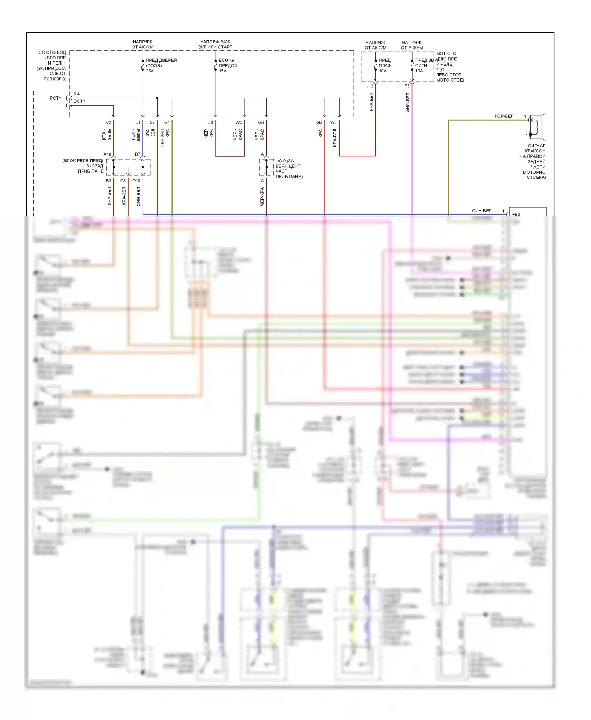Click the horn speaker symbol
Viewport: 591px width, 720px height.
[x=537, y=127]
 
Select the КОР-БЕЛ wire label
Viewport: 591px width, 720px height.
[x=504, y=116]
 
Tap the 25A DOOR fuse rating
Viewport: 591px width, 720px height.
[x=150, y=71]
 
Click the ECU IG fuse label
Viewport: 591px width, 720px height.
[x=226, y=60]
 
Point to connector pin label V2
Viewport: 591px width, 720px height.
[x=108, y=122]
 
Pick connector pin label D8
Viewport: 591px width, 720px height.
[x=210, y=122]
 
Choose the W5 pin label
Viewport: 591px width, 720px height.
[x=239, y=122]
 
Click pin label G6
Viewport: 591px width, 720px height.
[x=261, y=122]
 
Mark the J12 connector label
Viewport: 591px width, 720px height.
[x=370, y=86]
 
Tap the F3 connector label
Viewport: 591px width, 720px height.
[x=407, y=86]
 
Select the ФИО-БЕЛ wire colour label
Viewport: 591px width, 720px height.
[x=408, y=102]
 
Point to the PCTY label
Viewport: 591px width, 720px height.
[x=56, y=98]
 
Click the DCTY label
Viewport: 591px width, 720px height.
[x=80, y=101]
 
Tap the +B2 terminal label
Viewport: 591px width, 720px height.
[x=516, y=214]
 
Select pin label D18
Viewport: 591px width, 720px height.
[x=136, y=181]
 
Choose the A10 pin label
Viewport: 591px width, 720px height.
[x=107, y=154]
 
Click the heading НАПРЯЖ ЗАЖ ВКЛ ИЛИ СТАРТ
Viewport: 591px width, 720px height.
[x=215, y=44]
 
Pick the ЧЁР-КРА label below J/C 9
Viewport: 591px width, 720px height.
[x=262, y=196]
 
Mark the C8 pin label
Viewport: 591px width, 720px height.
[x=123, y=181]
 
